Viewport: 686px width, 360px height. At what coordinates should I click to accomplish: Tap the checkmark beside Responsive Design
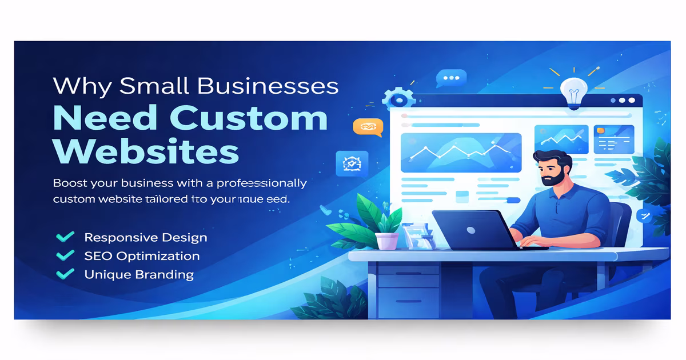(x=66, y=237)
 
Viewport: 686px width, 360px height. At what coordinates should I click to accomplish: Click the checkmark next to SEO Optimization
(x=66, y=255)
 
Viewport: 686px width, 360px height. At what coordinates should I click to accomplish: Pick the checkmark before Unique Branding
(x=66, y=274)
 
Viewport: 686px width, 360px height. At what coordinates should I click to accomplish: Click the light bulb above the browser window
(x=574, y=91)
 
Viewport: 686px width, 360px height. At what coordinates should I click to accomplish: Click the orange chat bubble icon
(x=363, y=127)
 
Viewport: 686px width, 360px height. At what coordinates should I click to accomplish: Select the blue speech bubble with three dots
(x=451, y=78)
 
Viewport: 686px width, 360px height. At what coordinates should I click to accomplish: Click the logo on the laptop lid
(x=470, y=230)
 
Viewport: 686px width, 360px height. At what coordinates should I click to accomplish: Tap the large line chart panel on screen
(x=461, y=153)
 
